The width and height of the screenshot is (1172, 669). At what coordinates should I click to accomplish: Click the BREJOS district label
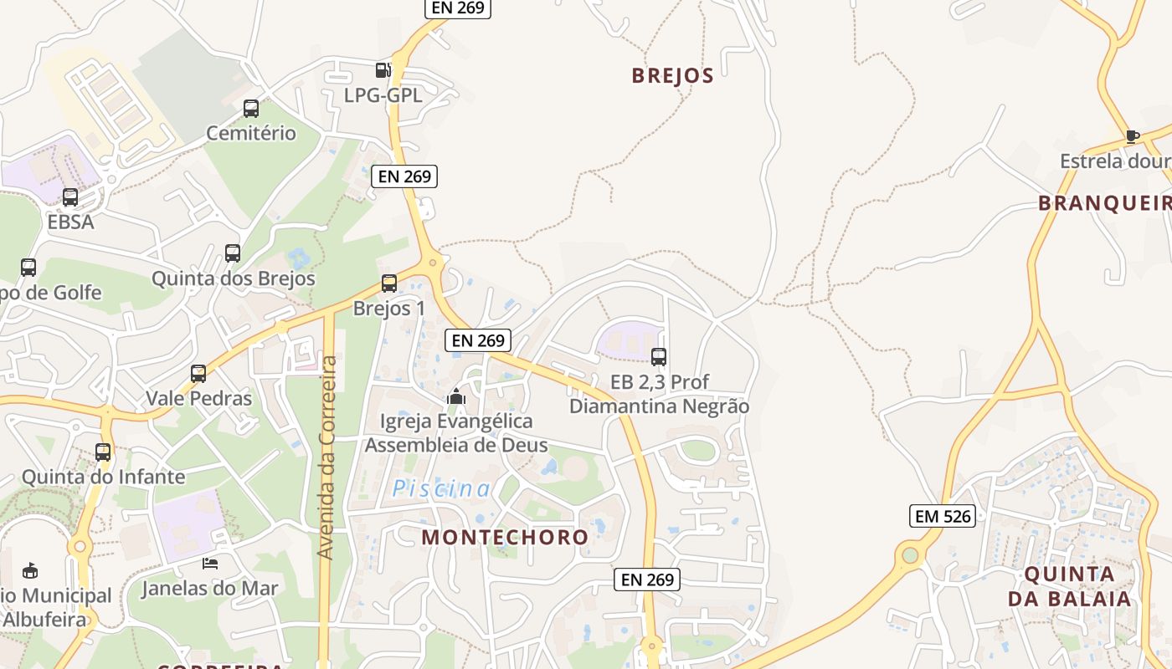[x=672, y=75]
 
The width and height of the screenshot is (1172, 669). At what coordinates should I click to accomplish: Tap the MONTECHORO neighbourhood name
[x=505, y=536]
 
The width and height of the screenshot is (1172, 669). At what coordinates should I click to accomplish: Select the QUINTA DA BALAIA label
[x=1069, y=586]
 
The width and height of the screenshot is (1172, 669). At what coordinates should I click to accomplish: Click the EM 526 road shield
[x=943, y=516]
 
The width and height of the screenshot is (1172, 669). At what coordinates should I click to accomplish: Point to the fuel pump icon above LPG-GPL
[x=383, y=70]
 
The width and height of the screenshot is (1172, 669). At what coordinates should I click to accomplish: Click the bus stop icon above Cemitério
[x=250, y=108]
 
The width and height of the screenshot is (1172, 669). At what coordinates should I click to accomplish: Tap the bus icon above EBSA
[x=70, y=197]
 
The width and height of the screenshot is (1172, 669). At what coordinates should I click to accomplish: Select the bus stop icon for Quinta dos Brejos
[x=233, y=253]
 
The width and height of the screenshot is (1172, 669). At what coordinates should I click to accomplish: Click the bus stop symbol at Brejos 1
[x=388, y=283]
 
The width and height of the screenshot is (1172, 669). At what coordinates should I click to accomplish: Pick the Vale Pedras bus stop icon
[x=198, y=373]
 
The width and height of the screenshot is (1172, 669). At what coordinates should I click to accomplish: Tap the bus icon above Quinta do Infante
[x=103, y=452]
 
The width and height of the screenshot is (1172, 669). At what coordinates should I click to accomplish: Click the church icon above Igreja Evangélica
[x=456, y=396]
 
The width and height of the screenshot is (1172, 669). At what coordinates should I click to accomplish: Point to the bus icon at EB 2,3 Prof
[x=659, y=357]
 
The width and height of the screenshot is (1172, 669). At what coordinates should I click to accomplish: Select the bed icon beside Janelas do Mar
[x=209, y=564]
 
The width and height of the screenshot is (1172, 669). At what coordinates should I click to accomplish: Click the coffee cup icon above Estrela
[x=1132, y=135]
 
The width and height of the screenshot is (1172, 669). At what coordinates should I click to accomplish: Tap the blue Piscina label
[x=441, y=488]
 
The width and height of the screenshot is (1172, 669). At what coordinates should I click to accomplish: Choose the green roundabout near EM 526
[x=909, y=554]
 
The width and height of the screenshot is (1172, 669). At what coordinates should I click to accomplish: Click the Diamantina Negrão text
[x=659, y=406]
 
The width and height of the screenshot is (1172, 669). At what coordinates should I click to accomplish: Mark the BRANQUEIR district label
[x=1104, y=203]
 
